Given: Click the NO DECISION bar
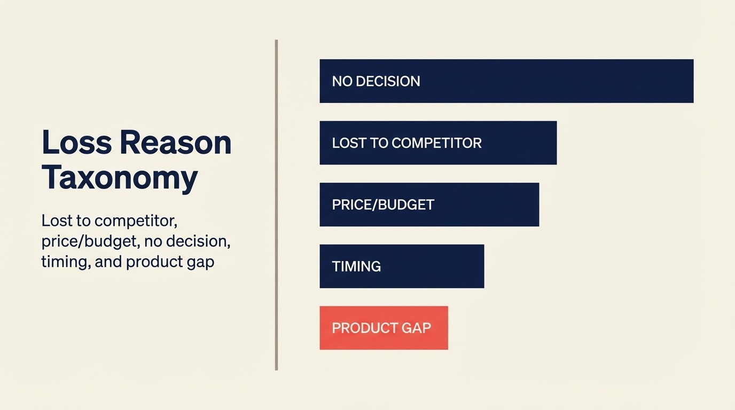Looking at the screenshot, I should coord(506,81).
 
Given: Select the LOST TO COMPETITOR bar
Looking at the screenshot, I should coord(438,143).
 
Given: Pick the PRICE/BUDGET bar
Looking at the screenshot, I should coord(429,204).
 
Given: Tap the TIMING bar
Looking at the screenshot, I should coord(402,266).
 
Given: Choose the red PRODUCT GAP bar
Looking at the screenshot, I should coord(384,328).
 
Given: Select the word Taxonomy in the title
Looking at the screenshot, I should coord(120,178).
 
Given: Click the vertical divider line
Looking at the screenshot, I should coord(276,205).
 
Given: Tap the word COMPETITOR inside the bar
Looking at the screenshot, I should coord(436,143).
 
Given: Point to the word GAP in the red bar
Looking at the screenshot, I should coord(417,328).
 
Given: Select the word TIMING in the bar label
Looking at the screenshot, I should coord(356,266).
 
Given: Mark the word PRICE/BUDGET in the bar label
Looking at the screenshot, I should coord(383,204).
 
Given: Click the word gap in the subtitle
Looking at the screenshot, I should coord(202,263).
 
